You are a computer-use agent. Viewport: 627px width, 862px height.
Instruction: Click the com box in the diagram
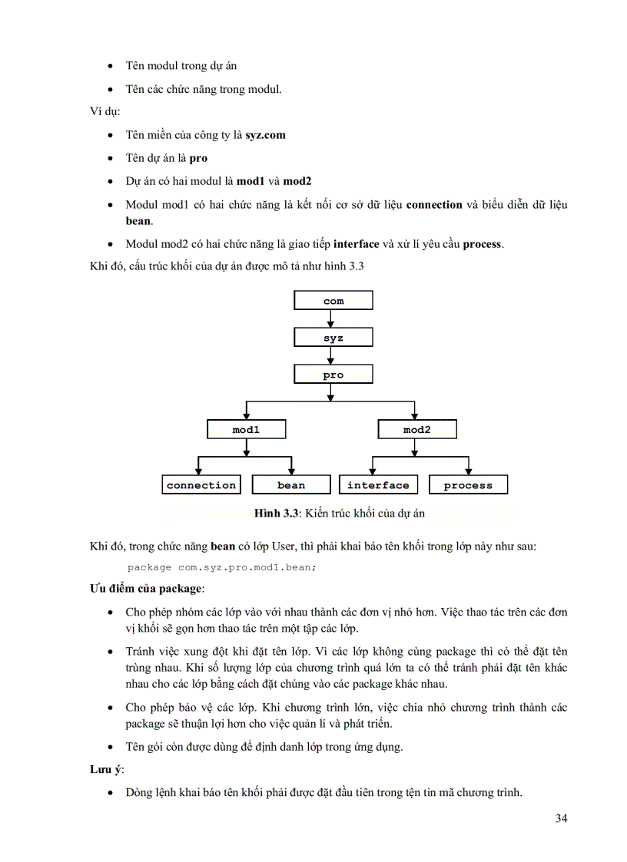[333, 301]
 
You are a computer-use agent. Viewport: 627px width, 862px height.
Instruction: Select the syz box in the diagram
[333, 338]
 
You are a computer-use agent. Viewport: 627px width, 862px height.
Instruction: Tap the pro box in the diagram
[333, 375]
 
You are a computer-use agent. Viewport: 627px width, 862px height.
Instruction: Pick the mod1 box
[246, 430]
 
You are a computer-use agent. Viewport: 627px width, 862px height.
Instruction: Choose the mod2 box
[417, 430]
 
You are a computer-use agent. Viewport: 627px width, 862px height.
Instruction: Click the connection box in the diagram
[201, 485]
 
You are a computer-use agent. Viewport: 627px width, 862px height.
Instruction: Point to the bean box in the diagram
[291, 485]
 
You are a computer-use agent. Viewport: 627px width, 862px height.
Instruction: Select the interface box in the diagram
[378, 485]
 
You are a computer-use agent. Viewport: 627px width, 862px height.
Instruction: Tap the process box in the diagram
[468, 485]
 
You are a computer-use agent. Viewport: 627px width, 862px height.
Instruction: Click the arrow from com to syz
[330, 319]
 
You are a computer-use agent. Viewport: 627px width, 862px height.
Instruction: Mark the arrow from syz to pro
[330, 356]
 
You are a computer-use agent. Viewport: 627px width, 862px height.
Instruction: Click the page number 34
[561, 818]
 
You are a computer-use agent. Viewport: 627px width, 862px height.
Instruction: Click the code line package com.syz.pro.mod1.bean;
[222, 567]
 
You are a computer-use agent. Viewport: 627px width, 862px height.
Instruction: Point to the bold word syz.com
[266, 135]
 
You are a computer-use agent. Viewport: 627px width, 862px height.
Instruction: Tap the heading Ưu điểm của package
[146, 588]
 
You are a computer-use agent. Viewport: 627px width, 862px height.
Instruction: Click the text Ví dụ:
[101, 112]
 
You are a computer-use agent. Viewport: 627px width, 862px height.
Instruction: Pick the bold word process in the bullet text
[482, 244]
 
